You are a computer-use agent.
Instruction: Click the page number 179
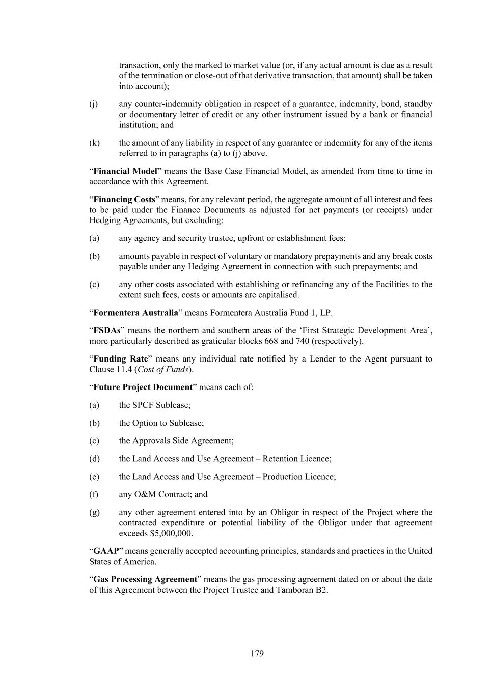[x=257, y=653]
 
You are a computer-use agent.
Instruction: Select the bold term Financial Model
[x=125, y=171]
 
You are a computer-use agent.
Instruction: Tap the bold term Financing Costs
[x=124, y=200]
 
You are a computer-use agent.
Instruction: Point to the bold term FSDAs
[x=107, y=330]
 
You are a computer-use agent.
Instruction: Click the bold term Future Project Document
[x=143, y=387]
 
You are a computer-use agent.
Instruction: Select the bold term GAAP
[x=106, y=551]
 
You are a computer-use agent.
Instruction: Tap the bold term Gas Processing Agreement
[x=145, y=579]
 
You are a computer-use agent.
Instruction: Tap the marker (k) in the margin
[x=94, y=143]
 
